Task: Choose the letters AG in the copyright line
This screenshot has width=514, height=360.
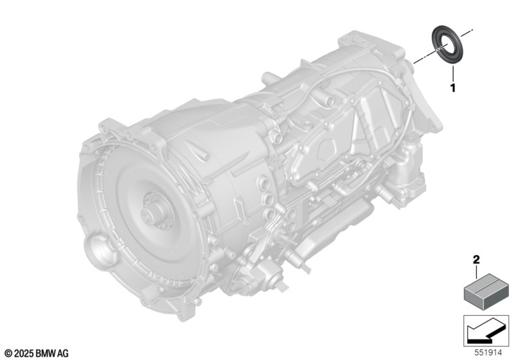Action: tap(63, 353)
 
